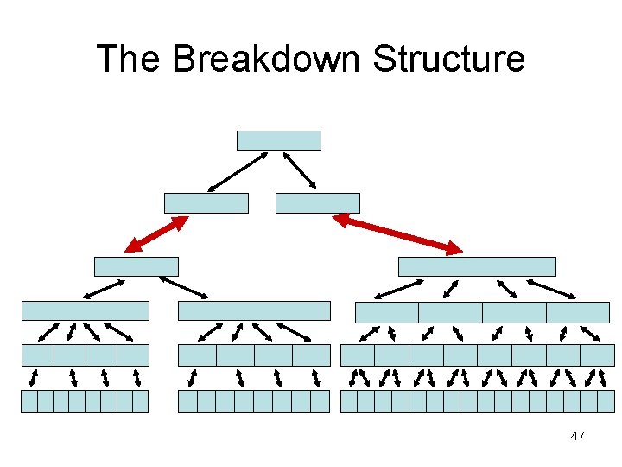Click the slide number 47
point(577,436)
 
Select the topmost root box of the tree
point(278,141)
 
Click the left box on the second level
point(206,203)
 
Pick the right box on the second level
point(317,203)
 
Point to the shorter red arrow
point(156,234)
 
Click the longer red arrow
point(397,234)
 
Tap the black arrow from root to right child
point(300,170)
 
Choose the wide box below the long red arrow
point(476,266)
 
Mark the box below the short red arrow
point(136,266)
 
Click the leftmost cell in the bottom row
point(29,400)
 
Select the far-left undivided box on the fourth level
point(85,310)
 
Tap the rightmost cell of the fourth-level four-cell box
point(577,312)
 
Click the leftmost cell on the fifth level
point(37,355)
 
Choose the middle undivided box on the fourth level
point(254,310)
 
